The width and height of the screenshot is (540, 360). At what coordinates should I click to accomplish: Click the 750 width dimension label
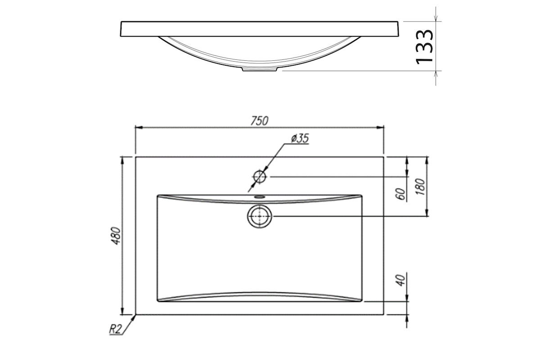[x=259, y=121]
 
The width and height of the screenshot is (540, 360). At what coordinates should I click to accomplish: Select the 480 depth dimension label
[x=117, y=236]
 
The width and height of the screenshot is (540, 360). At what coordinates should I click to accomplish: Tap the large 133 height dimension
[x=424, y=47]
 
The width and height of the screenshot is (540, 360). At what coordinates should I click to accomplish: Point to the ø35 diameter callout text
[x=300, y=139]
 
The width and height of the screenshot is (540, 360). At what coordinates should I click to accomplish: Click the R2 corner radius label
[x=115, y=329]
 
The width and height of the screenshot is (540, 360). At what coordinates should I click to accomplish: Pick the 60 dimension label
[x=400, y=193]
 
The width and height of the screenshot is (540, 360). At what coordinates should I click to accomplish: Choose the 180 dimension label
[x=420, y=187]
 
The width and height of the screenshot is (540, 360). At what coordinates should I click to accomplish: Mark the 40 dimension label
[x=400, y=280]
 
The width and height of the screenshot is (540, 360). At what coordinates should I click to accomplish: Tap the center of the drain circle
[x=259, y=216]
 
